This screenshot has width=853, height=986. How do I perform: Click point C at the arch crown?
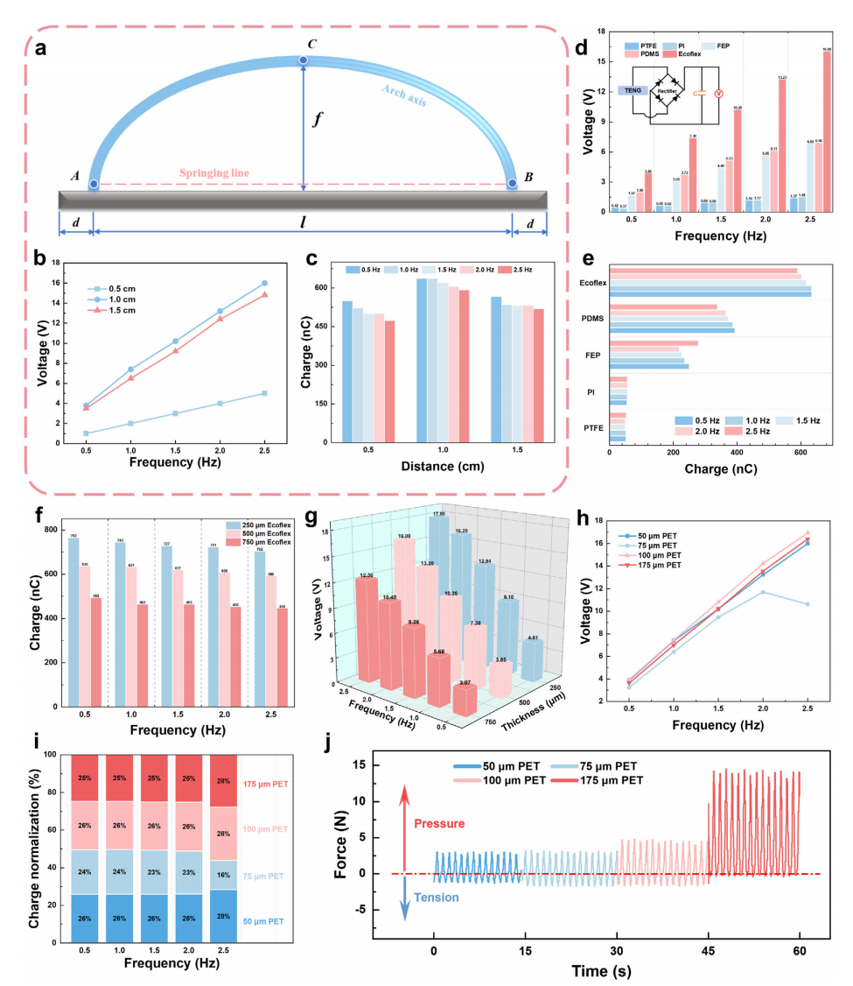point(303,60)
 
